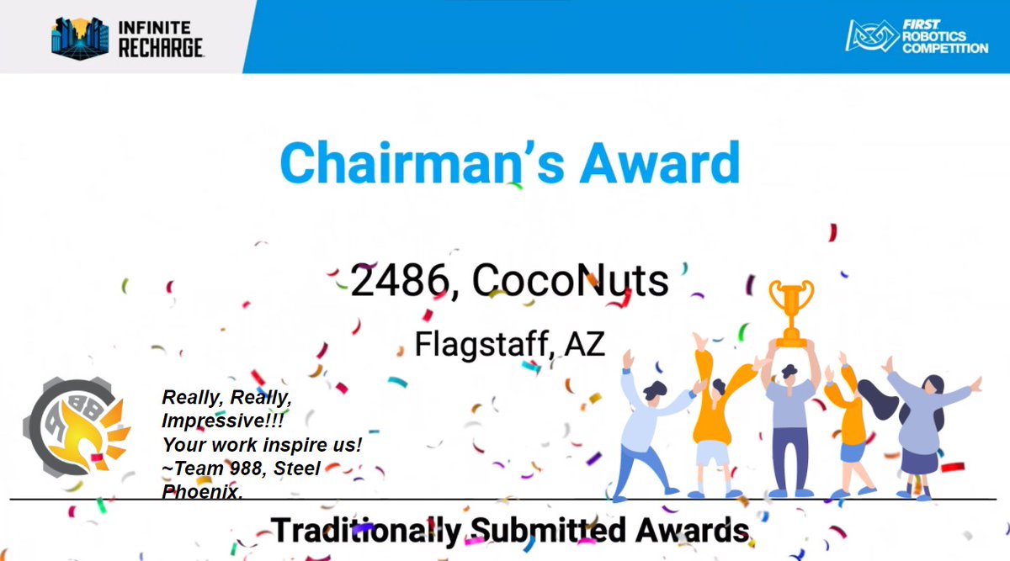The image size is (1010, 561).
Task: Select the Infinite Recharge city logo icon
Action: coord(79,38)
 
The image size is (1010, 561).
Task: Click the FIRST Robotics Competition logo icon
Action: coord(872,36)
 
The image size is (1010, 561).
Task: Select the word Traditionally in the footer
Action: coord(365,531)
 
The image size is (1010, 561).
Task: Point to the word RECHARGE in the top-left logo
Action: coord(161,48)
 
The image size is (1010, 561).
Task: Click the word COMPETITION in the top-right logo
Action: coord(945,48)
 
